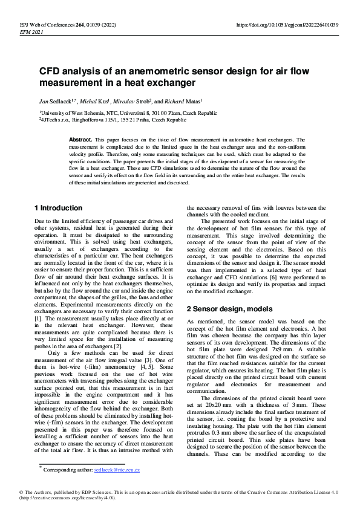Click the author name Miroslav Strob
pos(145,101)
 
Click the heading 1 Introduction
pos(58,208)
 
